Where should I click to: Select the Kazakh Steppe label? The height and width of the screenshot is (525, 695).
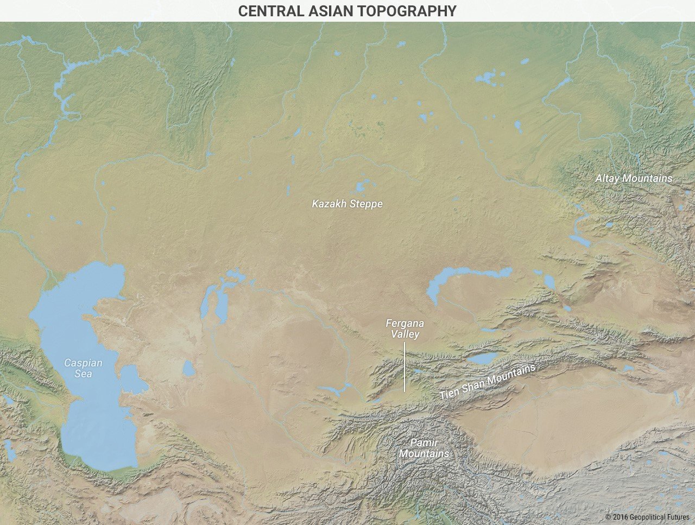click(x=347, y=204)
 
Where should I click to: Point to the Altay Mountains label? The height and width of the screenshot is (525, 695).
click(x=633, y=179)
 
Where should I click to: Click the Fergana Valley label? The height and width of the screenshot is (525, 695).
click(x=405, y=328)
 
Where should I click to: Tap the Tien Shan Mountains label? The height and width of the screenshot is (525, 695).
click(x=487, y=382)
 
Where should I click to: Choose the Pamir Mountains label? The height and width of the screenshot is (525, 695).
click(x=424, y=448)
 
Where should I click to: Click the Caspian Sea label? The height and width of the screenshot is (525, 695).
click(x=83, y=368)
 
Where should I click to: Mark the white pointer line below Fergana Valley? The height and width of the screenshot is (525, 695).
click(x=405, y=366)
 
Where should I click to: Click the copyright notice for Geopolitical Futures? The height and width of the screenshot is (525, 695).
click(x=647, y=517)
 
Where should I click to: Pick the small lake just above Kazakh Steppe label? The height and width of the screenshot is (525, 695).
click(x=359, y=188)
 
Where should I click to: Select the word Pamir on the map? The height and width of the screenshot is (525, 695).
click(x=424, y=442)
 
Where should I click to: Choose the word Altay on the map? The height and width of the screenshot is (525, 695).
click(x=607, y=179)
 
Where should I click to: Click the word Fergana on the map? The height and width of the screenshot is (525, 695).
click(x=405, y=324)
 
